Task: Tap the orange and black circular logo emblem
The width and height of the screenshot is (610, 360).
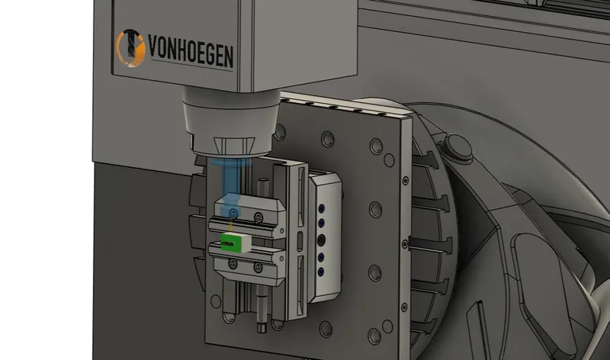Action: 130,48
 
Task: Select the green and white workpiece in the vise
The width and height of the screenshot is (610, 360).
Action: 236,242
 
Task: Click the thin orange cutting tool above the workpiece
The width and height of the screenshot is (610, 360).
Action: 232,225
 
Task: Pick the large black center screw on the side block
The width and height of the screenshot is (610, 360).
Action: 321,240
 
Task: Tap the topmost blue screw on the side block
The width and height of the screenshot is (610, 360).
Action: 321,209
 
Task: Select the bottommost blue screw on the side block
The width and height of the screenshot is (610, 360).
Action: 321,272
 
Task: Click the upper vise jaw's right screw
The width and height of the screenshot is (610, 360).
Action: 258,217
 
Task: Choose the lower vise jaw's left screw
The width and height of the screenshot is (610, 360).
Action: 233,264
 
